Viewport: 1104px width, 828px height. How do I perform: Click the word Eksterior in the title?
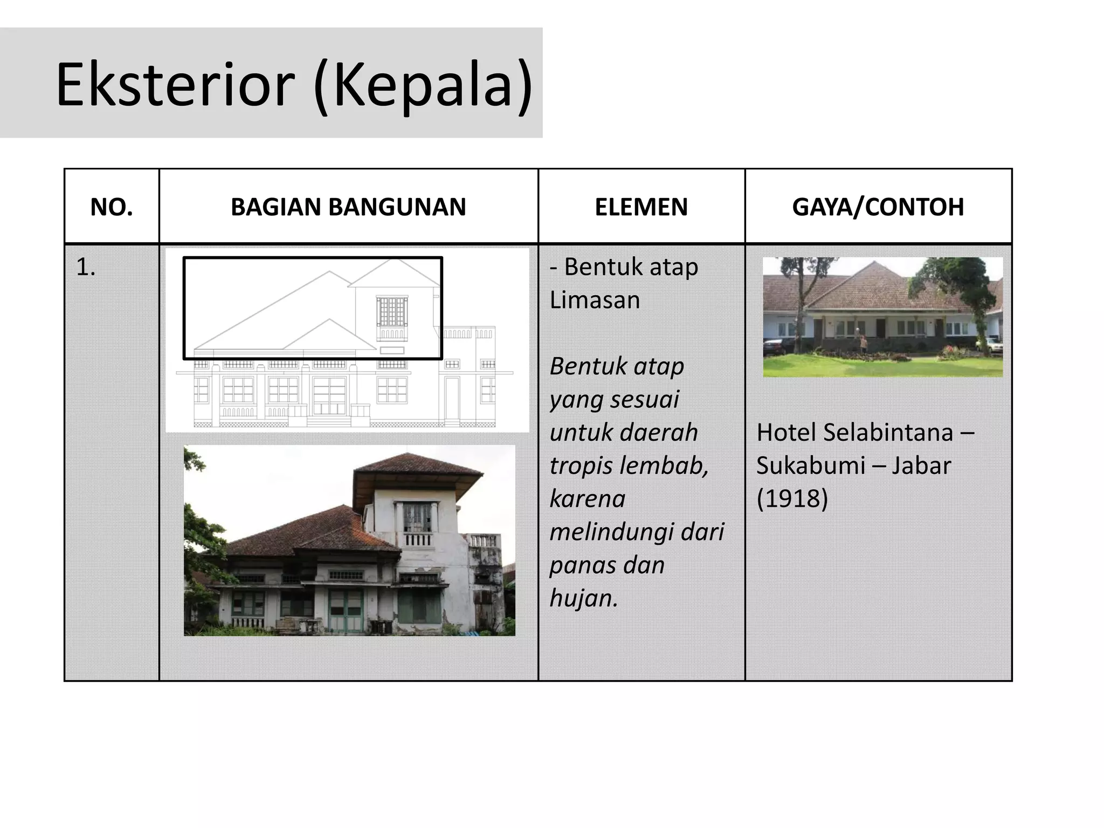click(175, 85)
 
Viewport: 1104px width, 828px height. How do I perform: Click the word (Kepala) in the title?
click(423, 85)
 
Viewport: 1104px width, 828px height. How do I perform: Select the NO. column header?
click(112, 207)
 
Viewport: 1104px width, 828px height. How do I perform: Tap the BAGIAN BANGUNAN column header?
click(348, 207)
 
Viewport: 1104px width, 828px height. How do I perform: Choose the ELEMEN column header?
click(641, 207)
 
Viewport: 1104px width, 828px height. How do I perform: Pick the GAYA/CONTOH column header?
click(878, 207)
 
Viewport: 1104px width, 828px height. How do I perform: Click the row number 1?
click(85, 267)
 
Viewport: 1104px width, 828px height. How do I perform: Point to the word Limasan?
click(595, 300)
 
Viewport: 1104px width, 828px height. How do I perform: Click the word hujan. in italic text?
click(583, 598)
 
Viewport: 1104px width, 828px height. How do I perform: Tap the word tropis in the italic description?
click(578, 466)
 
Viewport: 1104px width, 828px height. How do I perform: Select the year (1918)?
click(792, 498)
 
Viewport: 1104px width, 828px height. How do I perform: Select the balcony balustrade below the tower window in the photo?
click(418, 539)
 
